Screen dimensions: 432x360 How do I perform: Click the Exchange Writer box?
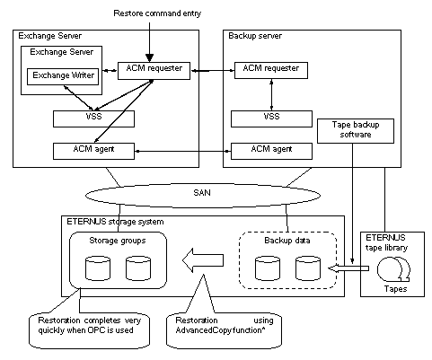click(x=63, y=76)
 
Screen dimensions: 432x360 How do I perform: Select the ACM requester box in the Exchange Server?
click(x=154, y=71)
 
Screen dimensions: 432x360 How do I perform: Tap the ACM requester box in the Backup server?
click(x=271, y=70)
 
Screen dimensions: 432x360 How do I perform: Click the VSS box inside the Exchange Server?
click(x=93, y=119)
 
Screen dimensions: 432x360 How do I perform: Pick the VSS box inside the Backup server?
click(x=271, y=119)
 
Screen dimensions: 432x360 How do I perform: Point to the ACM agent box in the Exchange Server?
click(x=93, y=151)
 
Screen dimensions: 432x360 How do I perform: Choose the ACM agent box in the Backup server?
click(x=271, y=151)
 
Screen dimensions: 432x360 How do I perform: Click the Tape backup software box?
click(x=356, y=131)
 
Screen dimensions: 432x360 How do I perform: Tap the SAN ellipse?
click(x=203, y=196)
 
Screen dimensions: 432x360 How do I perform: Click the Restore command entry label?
click(x=157, y=13)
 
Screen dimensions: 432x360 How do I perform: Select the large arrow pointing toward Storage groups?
click(x=203, y=260)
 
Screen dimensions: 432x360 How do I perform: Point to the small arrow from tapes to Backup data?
click(x=348, y=268)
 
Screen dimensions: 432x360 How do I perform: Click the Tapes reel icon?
click(x=393, y=269)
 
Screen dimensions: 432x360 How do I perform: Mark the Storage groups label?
click(x=118, y=241)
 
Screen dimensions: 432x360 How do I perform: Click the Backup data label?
click(x=287, y=241)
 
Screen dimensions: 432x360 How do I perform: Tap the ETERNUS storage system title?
click(x=115, y=222)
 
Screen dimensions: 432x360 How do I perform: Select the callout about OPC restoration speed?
click(x=89, y=330)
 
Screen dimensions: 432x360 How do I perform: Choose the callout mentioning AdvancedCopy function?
click(x=224, y=330)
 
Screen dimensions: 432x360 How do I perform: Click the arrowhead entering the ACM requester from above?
click(x=149, y=58)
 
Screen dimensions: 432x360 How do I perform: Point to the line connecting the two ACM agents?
click(x=182, y=152)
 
